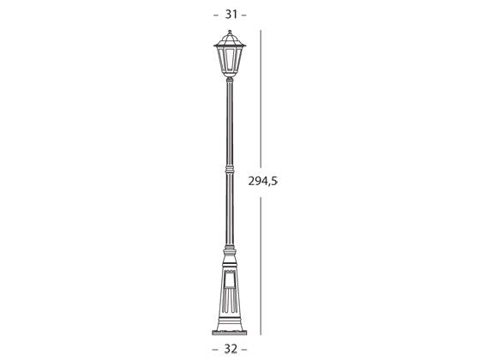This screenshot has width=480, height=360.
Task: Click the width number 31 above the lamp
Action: tap(229, 15)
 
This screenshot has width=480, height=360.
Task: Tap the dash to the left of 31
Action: tap(214, 15)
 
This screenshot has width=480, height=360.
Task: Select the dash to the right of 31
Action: tap(244, 15)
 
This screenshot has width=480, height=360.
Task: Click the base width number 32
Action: tap(229, 349)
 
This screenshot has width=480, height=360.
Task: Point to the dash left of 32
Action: tap(214, 349)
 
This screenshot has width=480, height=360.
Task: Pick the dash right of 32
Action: tap(244, 349)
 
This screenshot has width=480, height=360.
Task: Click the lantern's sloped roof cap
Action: tap(229, 39)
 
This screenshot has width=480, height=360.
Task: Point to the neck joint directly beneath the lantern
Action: tap(229, 80)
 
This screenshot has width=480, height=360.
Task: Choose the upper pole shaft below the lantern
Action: tap(229, 120)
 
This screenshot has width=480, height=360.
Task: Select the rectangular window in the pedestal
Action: tap(229, 279)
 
